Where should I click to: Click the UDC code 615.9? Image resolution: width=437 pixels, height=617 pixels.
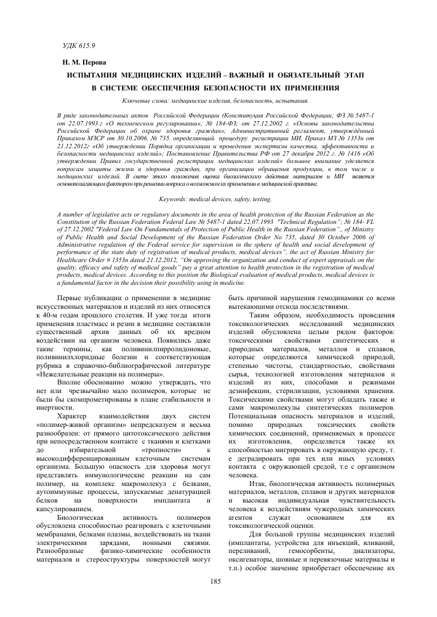coord(84,46)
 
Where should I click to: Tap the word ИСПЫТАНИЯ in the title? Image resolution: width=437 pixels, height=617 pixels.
coord(98,74)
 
